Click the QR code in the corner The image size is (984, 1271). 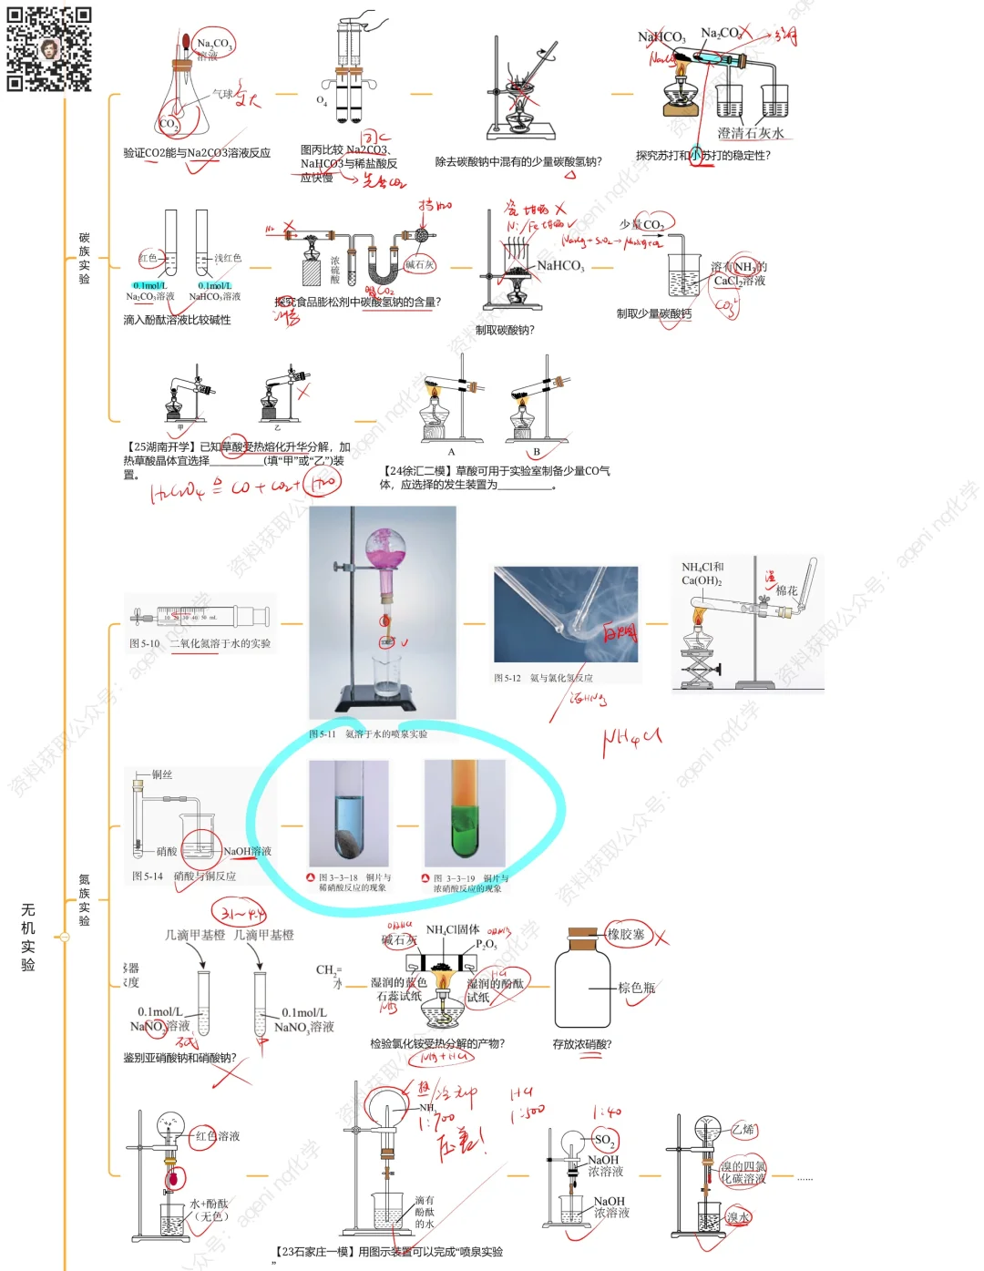[x=49, y=49]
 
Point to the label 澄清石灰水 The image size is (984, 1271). [x=750, y=133]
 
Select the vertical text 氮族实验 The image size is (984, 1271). [x=84, y=899]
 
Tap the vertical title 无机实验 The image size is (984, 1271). [x=28, y=937]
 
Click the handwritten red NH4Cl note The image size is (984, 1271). [x=630, y=741]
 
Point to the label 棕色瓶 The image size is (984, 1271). [x=636, y=988]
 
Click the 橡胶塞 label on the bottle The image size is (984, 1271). [x=626, y=934]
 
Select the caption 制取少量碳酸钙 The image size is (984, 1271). [x=653, y=313]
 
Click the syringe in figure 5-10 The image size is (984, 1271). [x=200, y=617]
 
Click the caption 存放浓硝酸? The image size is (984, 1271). [x=582, y=1044]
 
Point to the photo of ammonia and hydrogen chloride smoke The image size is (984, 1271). [x=566, y=614]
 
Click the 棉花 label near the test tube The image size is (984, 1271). [x=786, y=590]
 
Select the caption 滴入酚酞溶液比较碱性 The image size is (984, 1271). [x=177, y=320]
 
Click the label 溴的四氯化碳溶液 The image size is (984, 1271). [x=743, y=1172]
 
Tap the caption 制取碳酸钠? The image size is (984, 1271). [x=505, y=330]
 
